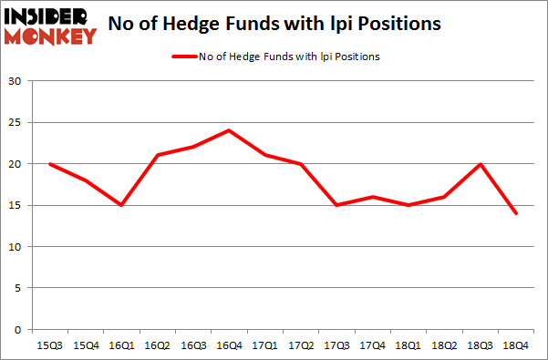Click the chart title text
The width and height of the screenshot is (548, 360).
coord(274,25)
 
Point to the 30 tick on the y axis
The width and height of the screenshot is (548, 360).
coord(16,82)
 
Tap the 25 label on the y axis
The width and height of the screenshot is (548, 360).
coord(16,123)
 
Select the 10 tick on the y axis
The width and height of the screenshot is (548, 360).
coord(16,247)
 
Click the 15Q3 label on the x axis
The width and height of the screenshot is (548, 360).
coord(49,345)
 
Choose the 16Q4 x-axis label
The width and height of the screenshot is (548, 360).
coord(228,345)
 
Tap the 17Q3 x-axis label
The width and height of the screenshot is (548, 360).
coord(335,345)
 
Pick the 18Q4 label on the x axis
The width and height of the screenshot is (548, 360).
coord(514,345)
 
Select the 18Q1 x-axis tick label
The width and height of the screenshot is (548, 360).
coord(407,345)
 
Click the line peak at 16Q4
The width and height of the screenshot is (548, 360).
coord(228,130)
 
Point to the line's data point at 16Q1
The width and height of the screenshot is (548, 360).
coord(120,205)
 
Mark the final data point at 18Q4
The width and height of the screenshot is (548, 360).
coord(514,213)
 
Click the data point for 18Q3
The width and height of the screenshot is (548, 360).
coord(479,164)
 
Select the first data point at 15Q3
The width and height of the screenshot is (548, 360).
coord(49,164)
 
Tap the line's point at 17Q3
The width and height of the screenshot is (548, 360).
coord(335,205)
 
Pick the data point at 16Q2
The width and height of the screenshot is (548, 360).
coord(157,156)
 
